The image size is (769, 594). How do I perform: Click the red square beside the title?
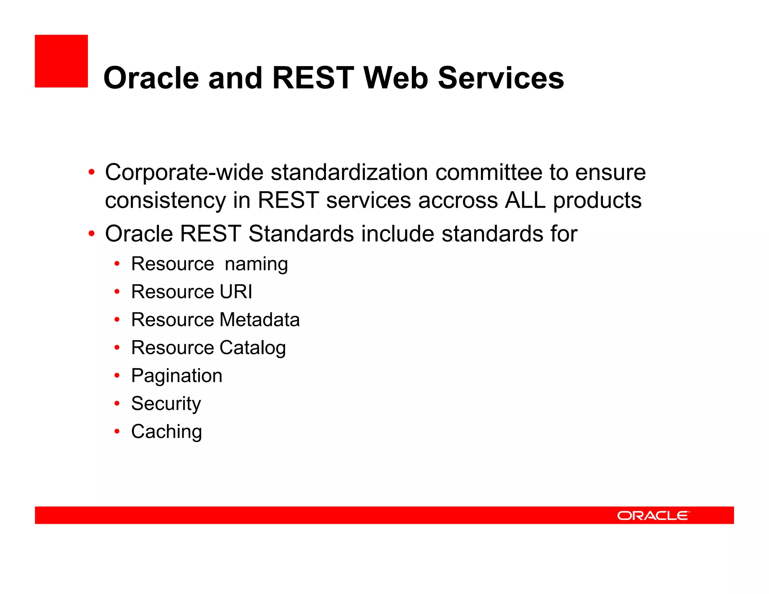[x=61, y=61]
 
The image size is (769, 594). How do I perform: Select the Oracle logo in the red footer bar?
[x=653, y=516]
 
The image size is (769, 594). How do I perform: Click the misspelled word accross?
[x=458, y=200]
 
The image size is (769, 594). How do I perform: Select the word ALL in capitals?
[x=525, y=200]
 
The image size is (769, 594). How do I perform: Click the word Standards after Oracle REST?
[x=301, y=234]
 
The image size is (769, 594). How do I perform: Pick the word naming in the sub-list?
[x=256, y=264]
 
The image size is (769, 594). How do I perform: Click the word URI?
[x=236, y=292]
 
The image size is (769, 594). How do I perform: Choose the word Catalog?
[x=252, y=348]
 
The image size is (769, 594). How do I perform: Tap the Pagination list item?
[x=176, y=376]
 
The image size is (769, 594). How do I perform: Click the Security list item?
[x=166, y=404]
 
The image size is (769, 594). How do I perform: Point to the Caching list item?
[x=166, y=432]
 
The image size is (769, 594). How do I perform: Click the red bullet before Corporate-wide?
[x=91, y=173]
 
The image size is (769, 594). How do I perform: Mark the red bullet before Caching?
[x=117, y=432]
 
